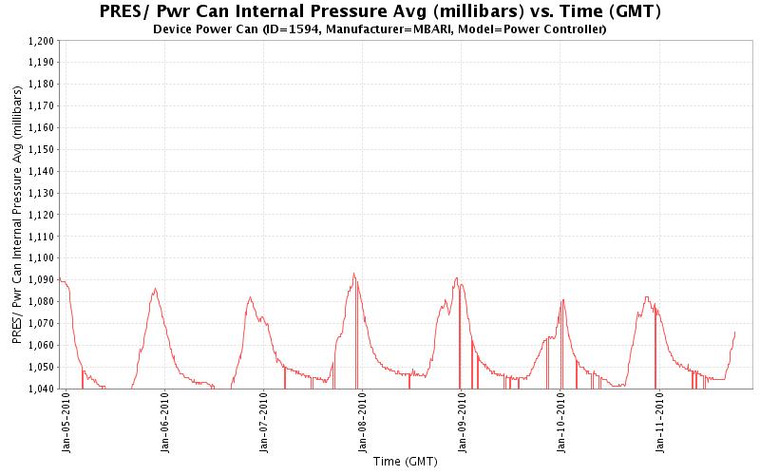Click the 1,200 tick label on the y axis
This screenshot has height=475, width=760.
tap(41, 41)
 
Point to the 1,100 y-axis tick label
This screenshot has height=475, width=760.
tap(41, 258)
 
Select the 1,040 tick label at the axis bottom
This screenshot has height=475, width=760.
tap(41, 389)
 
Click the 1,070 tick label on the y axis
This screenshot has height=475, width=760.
tap(41, 323)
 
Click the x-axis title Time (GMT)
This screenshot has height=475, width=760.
tap(405, 463)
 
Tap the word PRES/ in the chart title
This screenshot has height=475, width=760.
tap(124, 12)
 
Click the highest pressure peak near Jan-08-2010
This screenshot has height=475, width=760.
tap(353, 274)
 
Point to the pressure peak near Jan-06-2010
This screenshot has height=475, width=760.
tap(155, 289)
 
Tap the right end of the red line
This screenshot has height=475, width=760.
tap(735, 331)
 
